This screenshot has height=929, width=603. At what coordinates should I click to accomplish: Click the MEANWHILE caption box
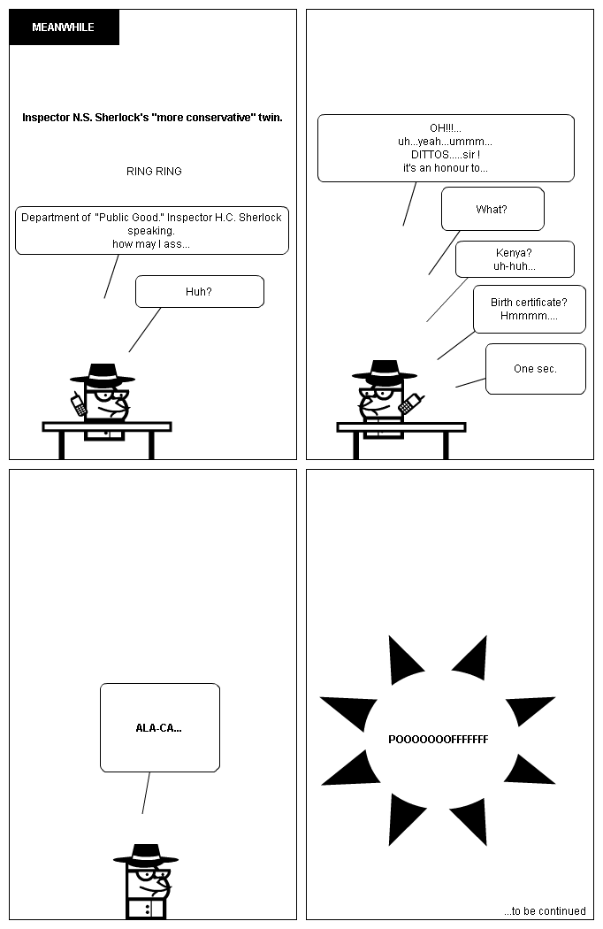click(x=64, y=27)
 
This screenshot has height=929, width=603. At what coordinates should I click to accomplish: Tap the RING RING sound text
click(x=154, y=172)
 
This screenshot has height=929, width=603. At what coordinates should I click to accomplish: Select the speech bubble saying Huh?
click(x=200, y=291)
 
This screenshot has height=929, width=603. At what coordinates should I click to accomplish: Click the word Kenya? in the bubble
click(x=514, y=253)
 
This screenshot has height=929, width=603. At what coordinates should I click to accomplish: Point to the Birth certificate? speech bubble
click(x=530, y=310)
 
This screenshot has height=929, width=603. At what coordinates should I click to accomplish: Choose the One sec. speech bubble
click(x=536, y=369)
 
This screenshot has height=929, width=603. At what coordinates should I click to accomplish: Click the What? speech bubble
click(x=492, y=209)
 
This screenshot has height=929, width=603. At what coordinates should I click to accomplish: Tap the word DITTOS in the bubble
click(x=430, y=155)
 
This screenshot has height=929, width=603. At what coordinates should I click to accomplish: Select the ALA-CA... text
click(x=159, y=728)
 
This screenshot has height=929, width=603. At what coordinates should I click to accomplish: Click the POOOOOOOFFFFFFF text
click(x=439, y=740)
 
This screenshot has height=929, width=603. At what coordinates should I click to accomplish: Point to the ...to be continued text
click(x=545, y=910)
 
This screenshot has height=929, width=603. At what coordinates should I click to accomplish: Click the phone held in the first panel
click(x=78, y=404)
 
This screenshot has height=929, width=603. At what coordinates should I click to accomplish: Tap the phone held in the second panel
click(x=410, y=403)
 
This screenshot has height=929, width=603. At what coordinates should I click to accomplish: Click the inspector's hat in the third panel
click(x=146, y=854)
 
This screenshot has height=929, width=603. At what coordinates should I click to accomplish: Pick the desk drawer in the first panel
click(x=104, y=435)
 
